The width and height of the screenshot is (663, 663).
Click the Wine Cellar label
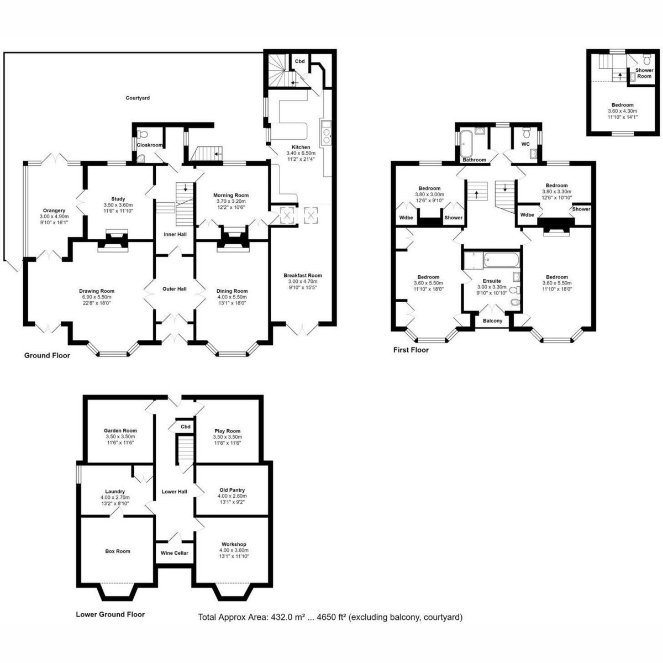tap(175, 553)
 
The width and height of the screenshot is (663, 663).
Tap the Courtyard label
tap(138, 98)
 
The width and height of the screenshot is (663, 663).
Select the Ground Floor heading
tap(47, 355)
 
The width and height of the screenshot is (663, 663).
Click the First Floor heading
tap(411, 350)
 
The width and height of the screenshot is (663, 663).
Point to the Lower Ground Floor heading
tap(110, 614)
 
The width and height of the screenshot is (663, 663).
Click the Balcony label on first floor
tap(493, 320)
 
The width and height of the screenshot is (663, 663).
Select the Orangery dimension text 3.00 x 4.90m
tap(54, 217)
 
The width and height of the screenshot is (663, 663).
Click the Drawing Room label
tap(97, 291)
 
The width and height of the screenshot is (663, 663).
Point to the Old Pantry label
tap(232, 490)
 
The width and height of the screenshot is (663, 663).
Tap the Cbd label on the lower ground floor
tap(186, 427)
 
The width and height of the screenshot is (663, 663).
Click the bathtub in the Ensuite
tap(501, 260)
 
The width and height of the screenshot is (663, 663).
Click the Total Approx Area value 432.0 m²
tap(280, 627)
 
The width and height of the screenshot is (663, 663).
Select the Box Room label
tap(118, 551)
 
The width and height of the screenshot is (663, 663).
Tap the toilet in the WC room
tap(525, 132)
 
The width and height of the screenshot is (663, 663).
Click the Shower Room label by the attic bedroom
tap(644, 73)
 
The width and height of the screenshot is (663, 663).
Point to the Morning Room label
tap(231, 195)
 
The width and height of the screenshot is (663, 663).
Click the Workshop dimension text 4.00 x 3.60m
tap(234, 550)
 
